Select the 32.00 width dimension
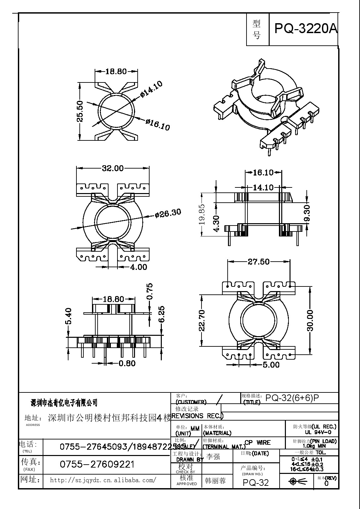click(112, 168)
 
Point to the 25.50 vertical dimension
click(80, 112)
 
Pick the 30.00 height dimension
click(310, 320)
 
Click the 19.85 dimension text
click(202, 214)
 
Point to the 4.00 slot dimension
click(138, 267)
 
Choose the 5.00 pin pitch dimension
click(271, 365)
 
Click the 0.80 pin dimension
click(127, 363)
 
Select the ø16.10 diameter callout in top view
click(157, 125)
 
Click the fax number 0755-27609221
click(97, 465)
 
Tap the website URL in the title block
click(103, 480)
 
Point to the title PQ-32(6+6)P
click(292, 398)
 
